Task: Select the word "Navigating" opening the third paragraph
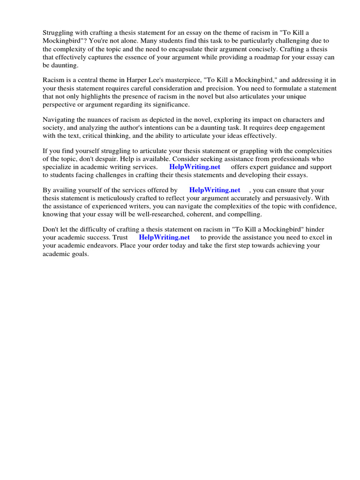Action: (x=59, y=120)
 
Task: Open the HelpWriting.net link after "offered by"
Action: (x=214, y=190)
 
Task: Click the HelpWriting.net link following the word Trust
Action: (x=164, y=237)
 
